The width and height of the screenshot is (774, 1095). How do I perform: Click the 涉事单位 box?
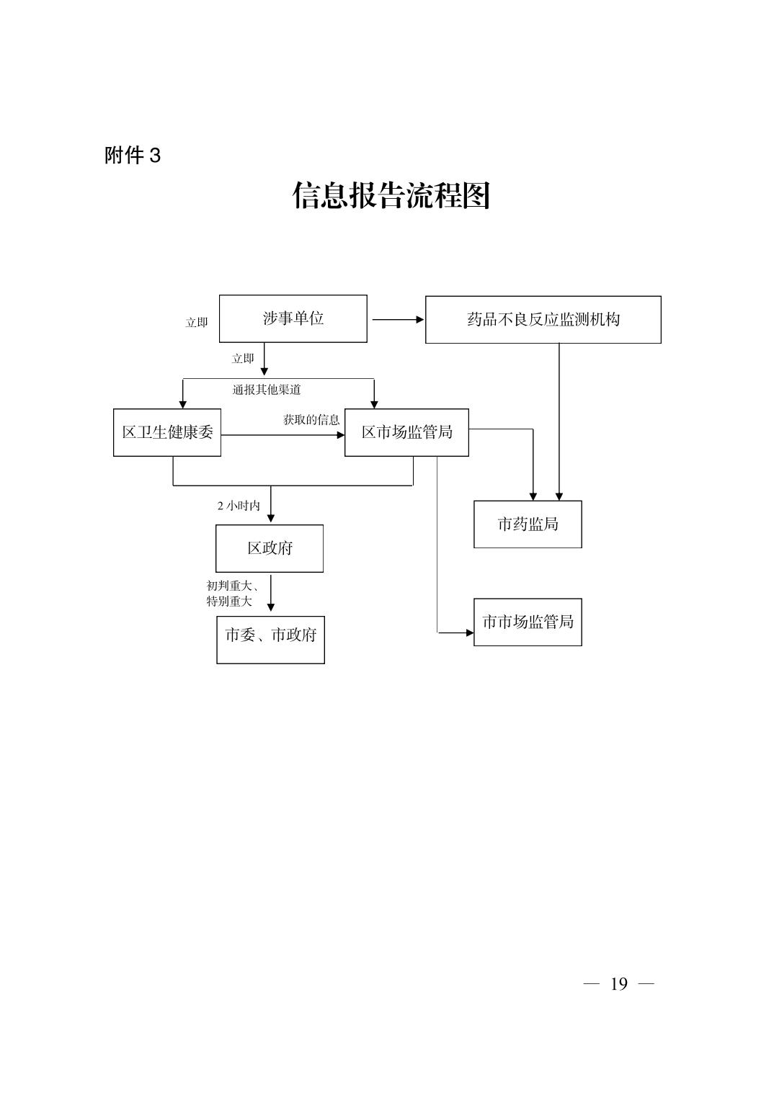[293, 318]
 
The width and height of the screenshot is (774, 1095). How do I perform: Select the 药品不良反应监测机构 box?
[543, 319]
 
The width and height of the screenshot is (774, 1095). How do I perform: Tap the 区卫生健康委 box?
[167, 432]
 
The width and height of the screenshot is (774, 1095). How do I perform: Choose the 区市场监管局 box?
[406, 432]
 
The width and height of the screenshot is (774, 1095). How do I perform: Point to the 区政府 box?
[270, 548]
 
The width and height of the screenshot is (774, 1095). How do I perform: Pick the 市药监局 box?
[528, 524]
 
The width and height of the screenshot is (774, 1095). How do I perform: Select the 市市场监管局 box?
[528, 622]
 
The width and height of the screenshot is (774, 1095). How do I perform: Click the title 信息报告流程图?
[391, 195]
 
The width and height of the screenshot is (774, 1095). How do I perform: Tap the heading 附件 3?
[133, 156]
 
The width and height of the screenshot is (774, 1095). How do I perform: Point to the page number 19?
[618, 984]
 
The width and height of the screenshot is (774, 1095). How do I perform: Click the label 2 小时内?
[239, 506]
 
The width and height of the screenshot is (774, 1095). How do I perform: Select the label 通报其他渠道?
[267, 390]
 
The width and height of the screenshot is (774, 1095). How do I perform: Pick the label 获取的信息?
[311, 419]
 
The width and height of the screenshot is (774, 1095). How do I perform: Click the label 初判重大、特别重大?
[231, 594]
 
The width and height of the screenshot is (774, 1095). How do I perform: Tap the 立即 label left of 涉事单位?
[197, 323]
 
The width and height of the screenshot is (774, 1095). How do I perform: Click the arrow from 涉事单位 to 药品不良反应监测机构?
[397, 319]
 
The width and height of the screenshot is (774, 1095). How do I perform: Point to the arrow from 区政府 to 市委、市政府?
[271, 593]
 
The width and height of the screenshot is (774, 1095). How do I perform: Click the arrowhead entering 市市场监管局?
[469, 633]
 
